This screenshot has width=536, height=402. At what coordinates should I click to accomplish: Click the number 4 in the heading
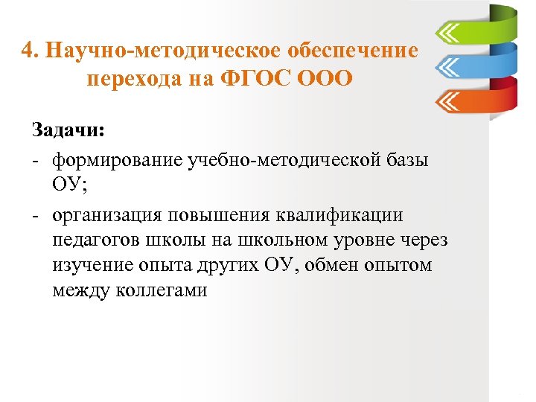click(28, 51)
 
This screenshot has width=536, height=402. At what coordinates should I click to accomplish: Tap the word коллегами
click(159, 291)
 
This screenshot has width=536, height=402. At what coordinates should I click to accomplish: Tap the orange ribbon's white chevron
click(449, 99)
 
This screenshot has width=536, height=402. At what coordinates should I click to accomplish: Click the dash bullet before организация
click(35, 216)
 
